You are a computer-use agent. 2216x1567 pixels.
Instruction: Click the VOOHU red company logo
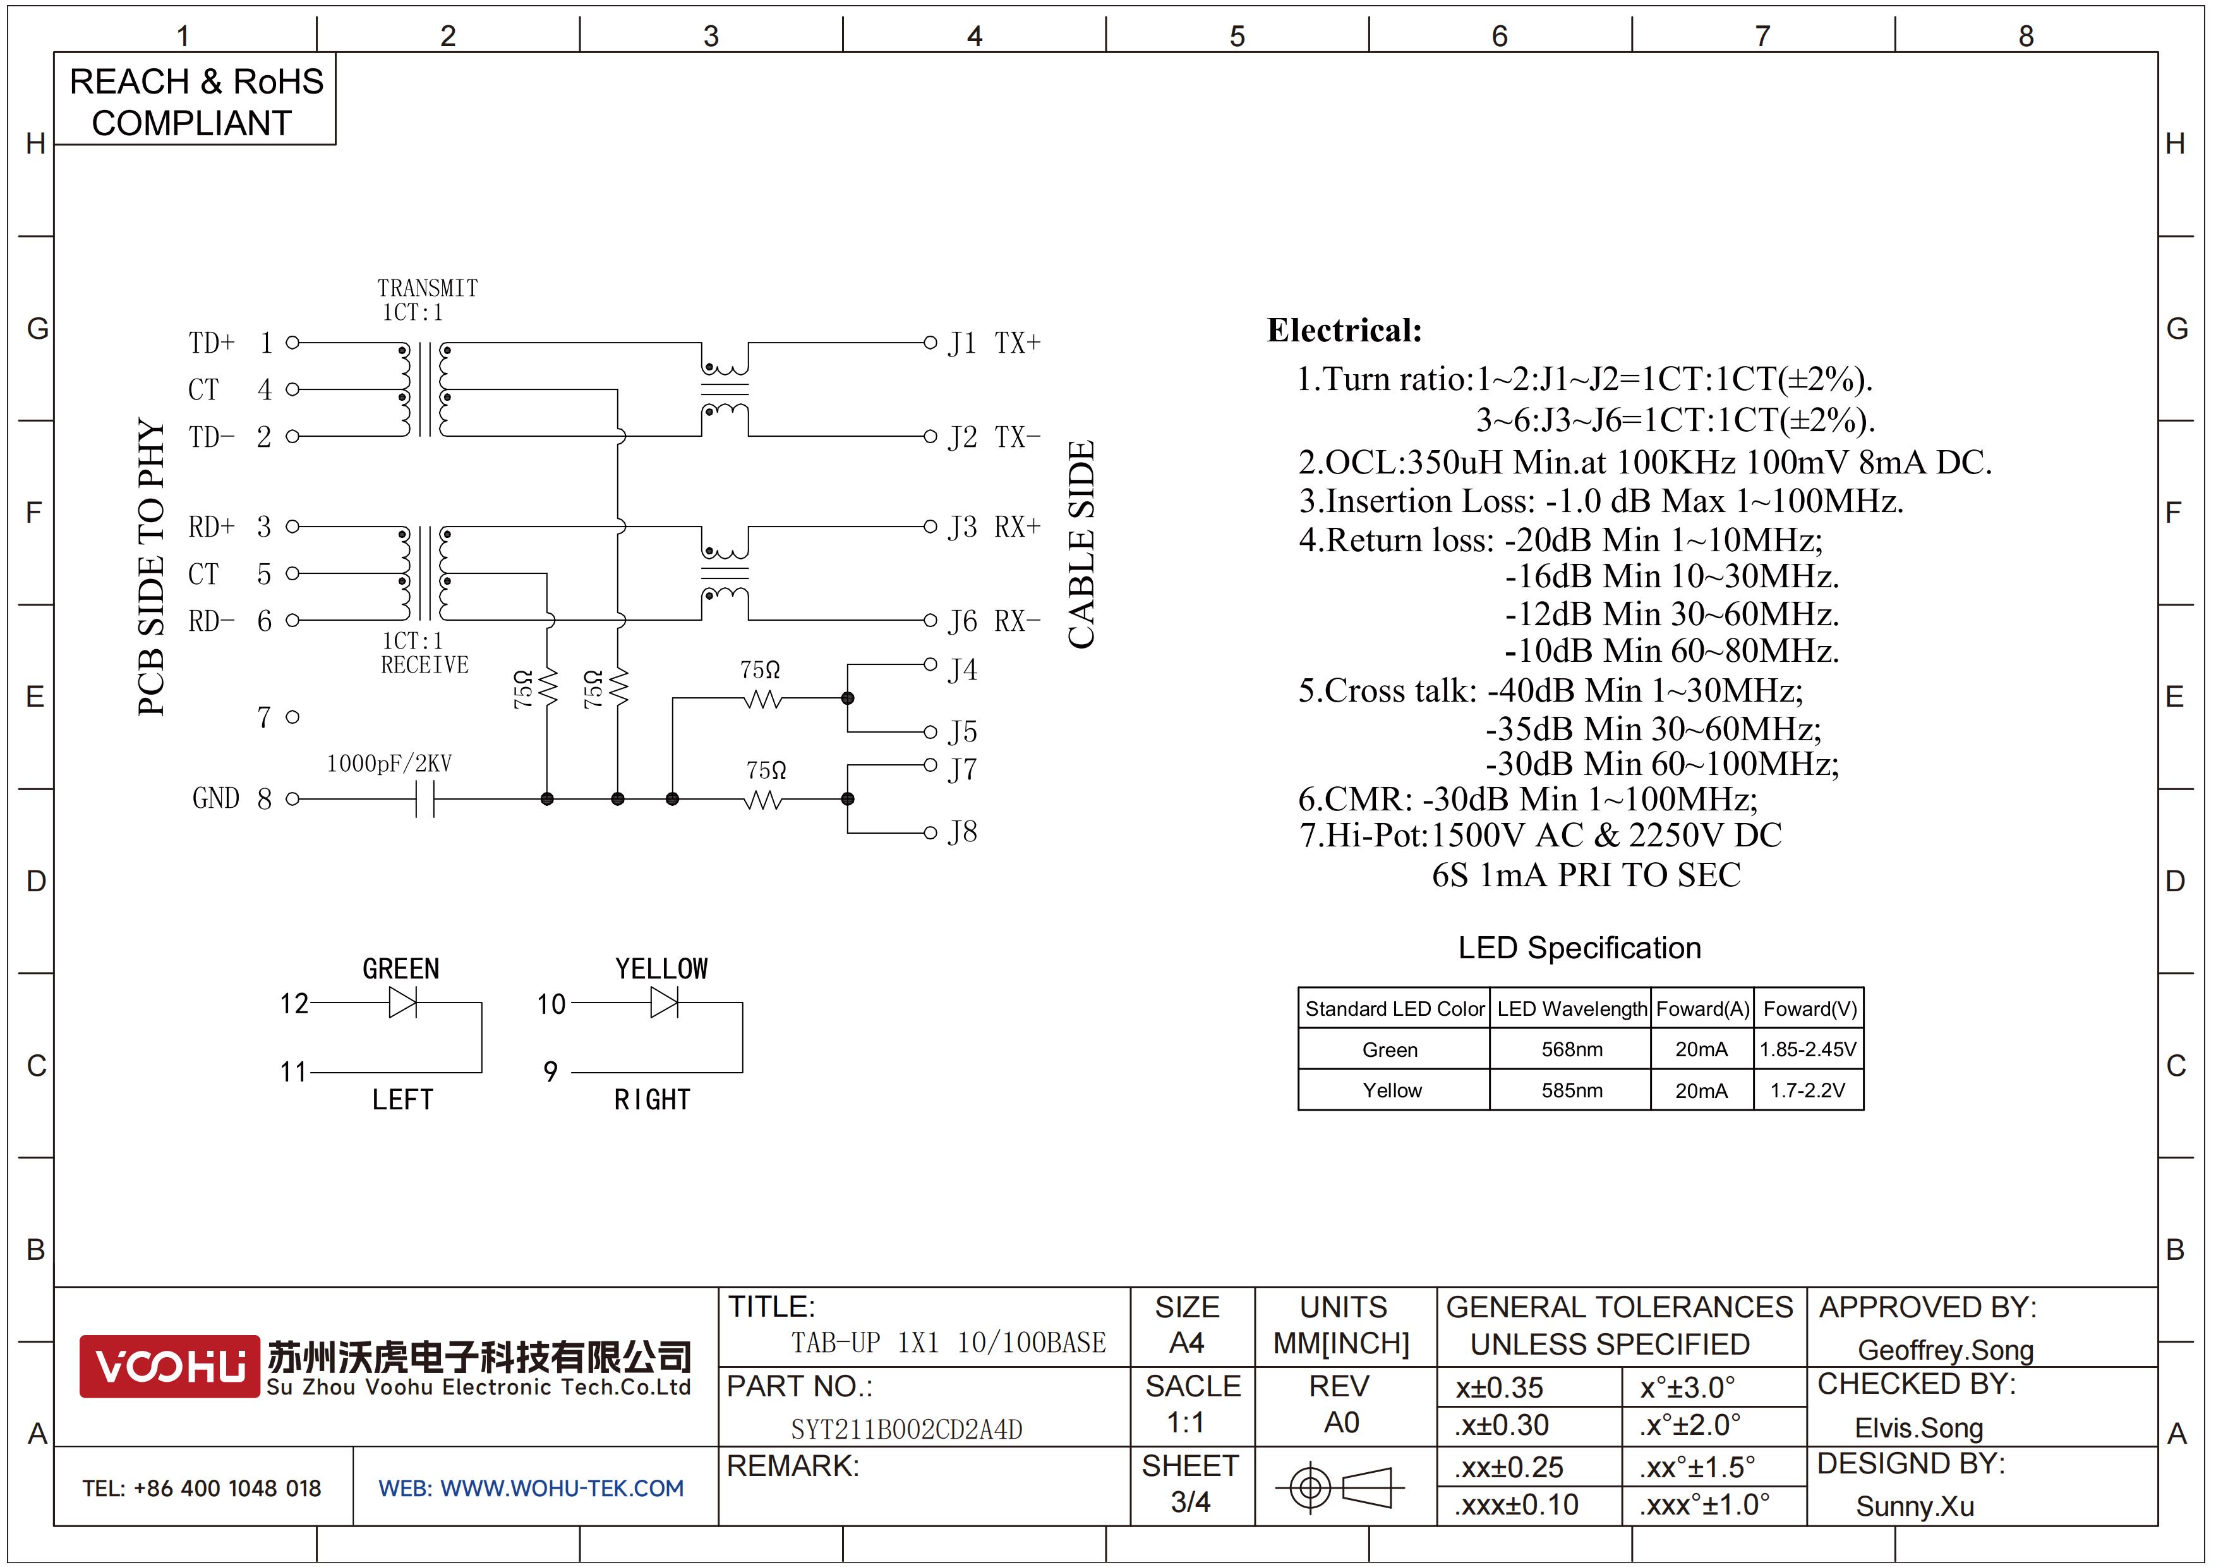click(169, 1365)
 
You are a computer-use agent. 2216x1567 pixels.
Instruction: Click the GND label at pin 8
click(215, 798)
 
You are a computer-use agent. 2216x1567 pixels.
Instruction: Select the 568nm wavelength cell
click(1571, 1049)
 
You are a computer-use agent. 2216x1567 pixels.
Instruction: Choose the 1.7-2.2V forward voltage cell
click(1807, 1090)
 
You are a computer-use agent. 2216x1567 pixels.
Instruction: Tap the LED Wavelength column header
click(1571, 1009)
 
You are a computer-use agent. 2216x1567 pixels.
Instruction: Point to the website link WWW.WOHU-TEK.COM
click(562, 1488)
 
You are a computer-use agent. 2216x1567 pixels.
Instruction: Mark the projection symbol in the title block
click(1340, 1487)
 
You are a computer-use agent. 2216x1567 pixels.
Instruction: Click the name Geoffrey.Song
click(1945, 1350)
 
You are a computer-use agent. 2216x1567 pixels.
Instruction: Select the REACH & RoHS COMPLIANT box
click(195, 99)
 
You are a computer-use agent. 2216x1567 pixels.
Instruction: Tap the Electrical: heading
click(1344, 330)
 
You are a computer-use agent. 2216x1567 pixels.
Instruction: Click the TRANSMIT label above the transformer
click(428, 288)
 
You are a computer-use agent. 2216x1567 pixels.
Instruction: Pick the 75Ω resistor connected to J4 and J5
click(764, 698)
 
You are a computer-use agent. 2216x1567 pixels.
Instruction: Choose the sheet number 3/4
click(1190, 1501)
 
